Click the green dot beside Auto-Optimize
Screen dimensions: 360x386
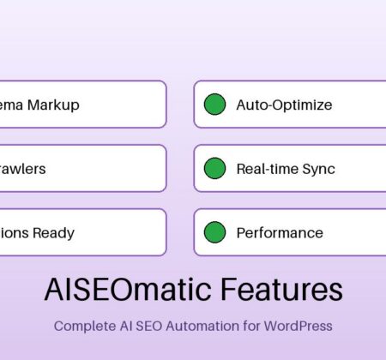click(214, 105)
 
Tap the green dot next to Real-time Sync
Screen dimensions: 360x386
click(214, 169)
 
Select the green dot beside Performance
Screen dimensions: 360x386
click(214, 232)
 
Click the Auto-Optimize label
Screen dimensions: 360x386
click(284, 105)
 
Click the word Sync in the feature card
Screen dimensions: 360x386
click(317, 169)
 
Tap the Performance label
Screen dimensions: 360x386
click(280, 232)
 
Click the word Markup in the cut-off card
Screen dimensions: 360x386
click(55, 105)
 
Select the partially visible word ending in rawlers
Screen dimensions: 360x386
click(22, 169)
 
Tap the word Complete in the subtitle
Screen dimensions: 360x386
click(82, 326)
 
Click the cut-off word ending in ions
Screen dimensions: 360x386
click(14, 232)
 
